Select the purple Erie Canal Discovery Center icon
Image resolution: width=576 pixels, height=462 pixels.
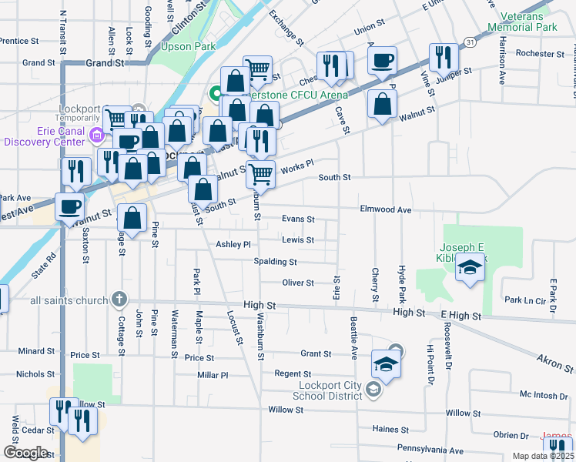coord(96,136)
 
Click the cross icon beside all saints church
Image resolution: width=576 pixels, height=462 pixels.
coord(118,298)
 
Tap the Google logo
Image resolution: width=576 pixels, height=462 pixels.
coord(25,453)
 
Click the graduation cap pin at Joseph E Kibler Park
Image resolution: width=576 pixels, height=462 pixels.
coord(469,269)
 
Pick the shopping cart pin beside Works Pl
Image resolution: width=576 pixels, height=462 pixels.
coord(261,174)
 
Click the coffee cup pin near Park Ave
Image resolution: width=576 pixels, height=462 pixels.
coord(70,206)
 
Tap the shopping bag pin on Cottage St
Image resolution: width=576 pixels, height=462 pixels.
coord(132,218)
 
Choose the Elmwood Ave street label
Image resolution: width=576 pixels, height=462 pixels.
coord(385,209)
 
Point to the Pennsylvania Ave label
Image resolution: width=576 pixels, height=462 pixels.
coord(430,450)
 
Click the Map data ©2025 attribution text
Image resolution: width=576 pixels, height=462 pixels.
coord(544,456)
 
